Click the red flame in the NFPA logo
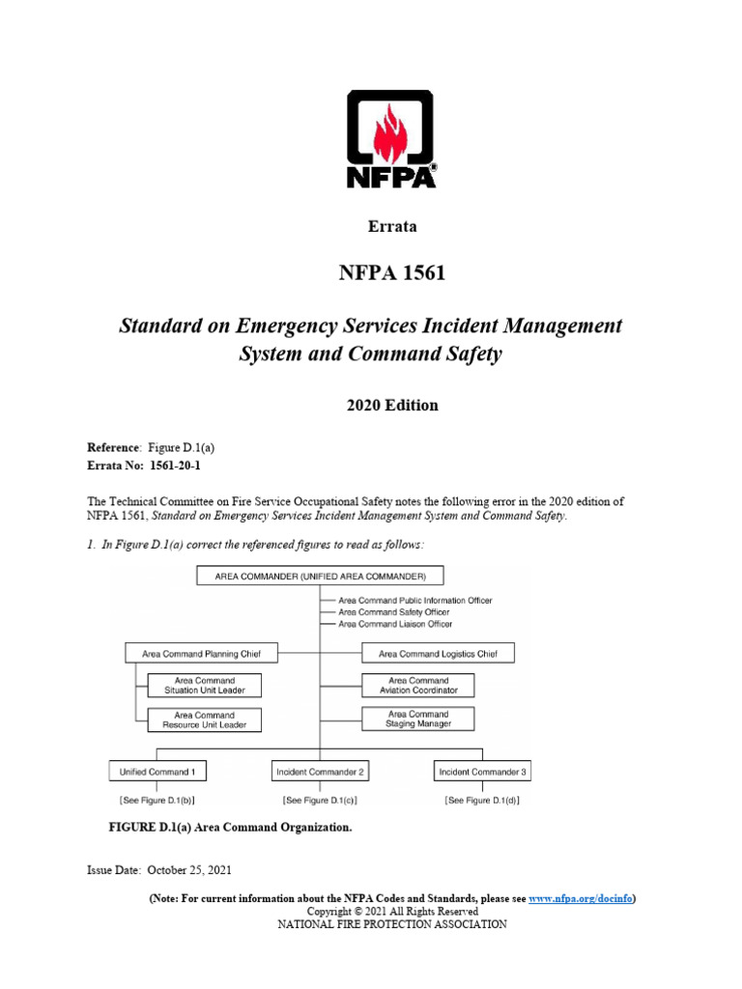click(390, 133)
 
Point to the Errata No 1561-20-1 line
click(145, 466)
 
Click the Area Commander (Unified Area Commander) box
click(320, 577)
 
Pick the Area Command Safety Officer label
click(393, 611)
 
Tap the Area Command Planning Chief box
click(201, 654)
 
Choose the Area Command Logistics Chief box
click(438, 654)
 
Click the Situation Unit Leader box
click(204, 686)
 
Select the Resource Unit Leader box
click(204, 720)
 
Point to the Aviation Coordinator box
click(418, 686)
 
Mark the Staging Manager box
click(418, 719)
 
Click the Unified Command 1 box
click(157, 772)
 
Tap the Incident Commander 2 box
click(320, 772)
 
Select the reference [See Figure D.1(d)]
click(482, 800)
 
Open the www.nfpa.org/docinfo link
click(581, 898)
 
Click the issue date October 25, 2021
click(159, 870)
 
